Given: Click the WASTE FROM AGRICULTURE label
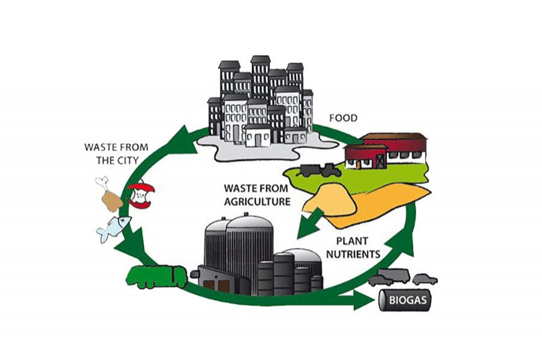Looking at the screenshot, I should pos(257,195).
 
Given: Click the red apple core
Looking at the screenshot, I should pos(142,195).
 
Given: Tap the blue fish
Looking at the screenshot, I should pos(114,228).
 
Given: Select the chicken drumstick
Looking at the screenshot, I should pos(110,194).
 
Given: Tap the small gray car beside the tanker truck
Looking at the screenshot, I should pos(425,279).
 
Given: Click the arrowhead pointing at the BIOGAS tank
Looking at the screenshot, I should pos(364,299).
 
